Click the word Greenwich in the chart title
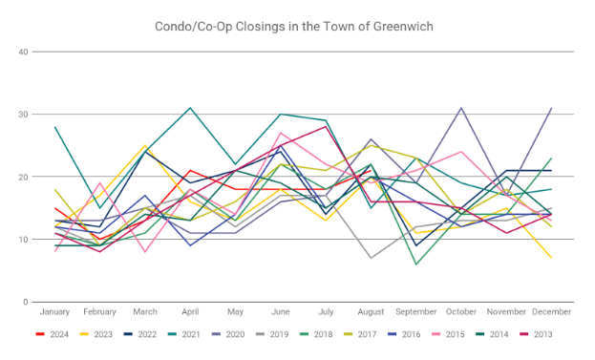[403, 27]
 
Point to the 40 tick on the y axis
[23, 52]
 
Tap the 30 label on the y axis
[23, 115]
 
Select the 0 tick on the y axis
[26, 302]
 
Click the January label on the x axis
[54, 312]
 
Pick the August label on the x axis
[371, 312]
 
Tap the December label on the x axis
[551, 312]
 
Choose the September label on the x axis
[415, 312]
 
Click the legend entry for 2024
[53, 334]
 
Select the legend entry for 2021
[184, 334]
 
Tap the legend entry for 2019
[272, 334]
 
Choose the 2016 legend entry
[404, 334]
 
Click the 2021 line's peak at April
[190, 108]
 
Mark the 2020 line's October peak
[461, 108]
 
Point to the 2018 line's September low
[415, 265]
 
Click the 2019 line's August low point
[371, 258]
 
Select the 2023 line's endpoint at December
[551, 258]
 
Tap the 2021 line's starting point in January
[54, 127]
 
